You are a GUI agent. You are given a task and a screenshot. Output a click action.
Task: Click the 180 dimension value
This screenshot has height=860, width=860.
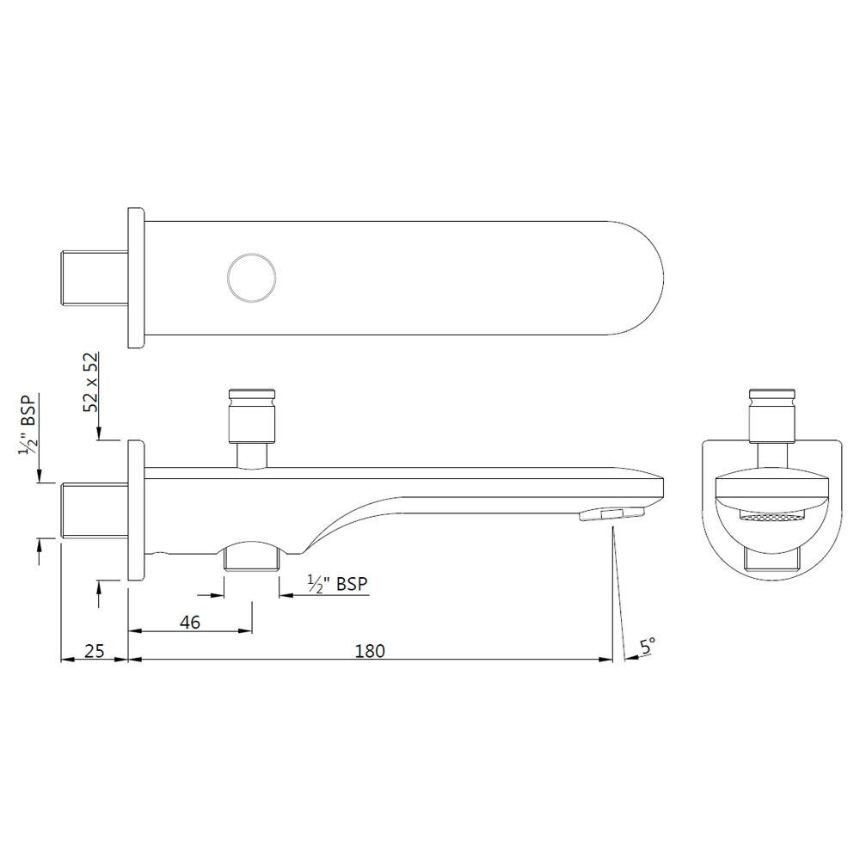coord(370,650)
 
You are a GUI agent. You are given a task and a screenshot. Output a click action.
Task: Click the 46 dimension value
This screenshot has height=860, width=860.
coord(191,622)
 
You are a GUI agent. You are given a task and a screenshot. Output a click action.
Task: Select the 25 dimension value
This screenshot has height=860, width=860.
coord(95,650)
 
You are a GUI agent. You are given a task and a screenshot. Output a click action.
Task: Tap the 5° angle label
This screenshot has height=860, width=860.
coord(647,644)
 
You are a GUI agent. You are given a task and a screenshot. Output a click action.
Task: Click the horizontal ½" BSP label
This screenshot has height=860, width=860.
coord(337,584)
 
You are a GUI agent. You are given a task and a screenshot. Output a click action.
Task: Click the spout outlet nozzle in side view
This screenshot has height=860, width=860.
coord(612,514)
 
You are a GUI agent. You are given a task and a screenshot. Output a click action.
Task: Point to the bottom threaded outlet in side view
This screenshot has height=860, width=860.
coord(252,559)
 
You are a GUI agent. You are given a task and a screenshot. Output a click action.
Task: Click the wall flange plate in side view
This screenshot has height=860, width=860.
coord(136,511)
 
